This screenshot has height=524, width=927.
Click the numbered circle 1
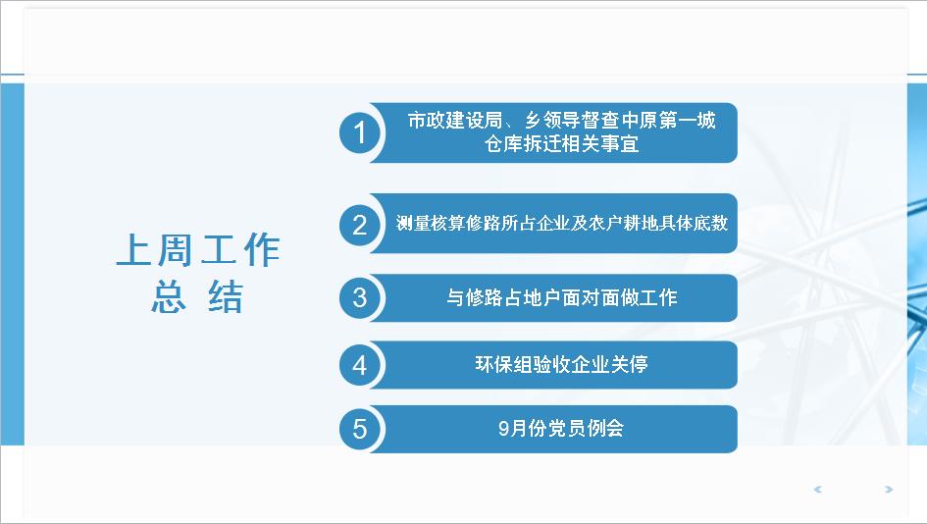[359, 132]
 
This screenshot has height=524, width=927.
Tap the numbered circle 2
[359, 225]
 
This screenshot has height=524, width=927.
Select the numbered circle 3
[359, 297]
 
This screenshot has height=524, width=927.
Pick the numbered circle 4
[359, 365]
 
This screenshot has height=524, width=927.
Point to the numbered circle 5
[359, 429]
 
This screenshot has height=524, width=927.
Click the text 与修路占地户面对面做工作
[562, 297]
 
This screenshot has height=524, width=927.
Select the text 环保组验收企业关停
[562, 364]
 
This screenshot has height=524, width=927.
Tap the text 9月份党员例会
[561, 428]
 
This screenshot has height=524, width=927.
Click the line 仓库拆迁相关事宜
[562, 143]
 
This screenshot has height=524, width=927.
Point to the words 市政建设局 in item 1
[454, 121]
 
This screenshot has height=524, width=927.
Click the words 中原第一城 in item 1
[669, 121]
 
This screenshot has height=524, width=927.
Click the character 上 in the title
[133, 249]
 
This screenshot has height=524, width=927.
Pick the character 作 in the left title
[263, 249]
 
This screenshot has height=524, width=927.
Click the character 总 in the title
[169, 296]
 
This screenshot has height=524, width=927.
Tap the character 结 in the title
[226, 296]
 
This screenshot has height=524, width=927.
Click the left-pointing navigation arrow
[818, 489]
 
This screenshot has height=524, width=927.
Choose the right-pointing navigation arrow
[888, 489]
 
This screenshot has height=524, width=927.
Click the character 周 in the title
[176, 249]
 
